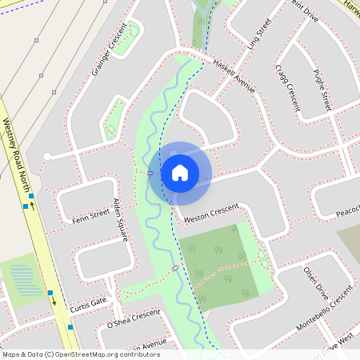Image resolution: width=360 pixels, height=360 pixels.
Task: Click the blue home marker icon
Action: point(180,173)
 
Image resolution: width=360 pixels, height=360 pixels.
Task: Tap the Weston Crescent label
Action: point(211,213)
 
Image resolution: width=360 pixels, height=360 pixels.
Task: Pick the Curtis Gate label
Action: point(88,305)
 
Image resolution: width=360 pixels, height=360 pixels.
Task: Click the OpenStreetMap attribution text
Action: point(80,354)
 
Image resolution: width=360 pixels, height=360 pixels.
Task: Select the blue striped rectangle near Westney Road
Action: point(25,281)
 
